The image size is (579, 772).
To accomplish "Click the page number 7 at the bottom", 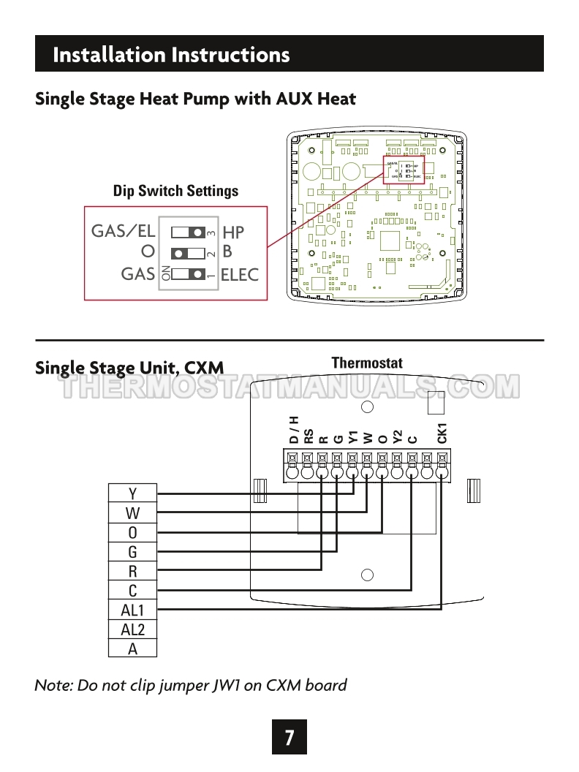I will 289,738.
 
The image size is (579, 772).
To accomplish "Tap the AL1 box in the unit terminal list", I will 132,610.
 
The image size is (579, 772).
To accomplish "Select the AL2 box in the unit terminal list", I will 132,629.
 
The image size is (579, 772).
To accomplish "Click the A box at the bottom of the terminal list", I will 132,648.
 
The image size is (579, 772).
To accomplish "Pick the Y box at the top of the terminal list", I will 132,493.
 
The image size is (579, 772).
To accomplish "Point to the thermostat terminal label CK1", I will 442,433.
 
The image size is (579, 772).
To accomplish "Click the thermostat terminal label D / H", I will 294,429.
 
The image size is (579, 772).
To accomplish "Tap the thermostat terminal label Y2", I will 397,436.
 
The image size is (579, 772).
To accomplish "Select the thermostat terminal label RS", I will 309,436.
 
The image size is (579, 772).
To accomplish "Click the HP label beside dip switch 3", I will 233,232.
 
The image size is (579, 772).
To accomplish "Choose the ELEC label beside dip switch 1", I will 240,275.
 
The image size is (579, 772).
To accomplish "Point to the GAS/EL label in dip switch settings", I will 124,231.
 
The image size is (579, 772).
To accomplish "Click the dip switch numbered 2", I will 189,254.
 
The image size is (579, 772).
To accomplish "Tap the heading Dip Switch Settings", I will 175,191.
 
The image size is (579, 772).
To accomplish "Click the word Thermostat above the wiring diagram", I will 367,363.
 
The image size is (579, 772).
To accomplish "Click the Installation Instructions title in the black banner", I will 171,55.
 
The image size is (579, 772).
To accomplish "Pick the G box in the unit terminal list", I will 132,552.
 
